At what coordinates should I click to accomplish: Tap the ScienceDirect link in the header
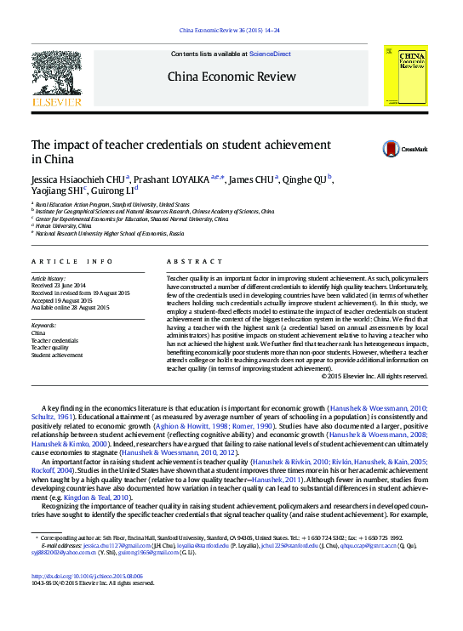270,54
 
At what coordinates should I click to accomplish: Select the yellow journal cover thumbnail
405,75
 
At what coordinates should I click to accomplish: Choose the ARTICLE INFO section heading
71,261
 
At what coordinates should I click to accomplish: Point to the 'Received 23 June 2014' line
59,286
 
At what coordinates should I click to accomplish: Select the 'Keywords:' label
43,326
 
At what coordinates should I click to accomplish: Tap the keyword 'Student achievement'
57,355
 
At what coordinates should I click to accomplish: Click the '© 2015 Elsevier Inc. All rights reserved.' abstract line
374,376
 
